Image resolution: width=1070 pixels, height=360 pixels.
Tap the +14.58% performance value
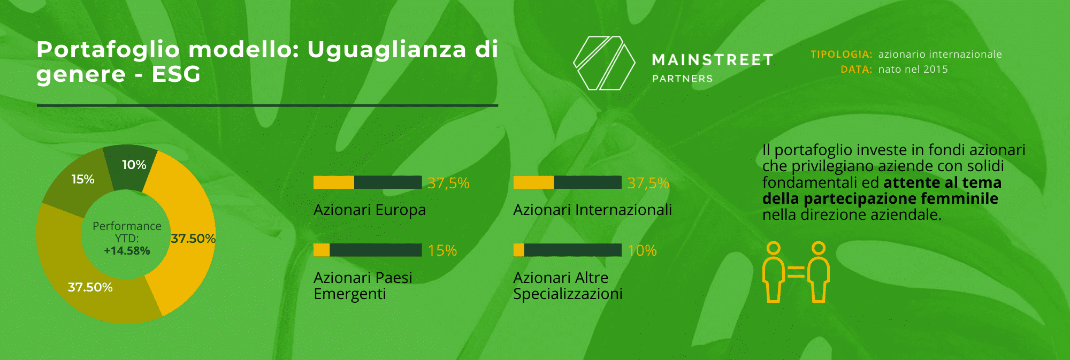coord(127,251)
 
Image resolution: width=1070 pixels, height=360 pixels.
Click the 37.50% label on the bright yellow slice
coord(193,239)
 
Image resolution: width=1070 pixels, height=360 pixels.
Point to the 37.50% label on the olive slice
coord(90,287)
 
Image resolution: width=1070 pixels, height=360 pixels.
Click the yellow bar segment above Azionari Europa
coord(334,182)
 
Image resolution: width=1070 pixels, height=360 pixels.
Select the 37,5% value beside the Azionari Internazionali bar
coord(648,183)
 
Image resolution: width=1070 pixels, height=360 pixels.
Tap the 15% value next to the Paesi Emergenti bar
coord(442,250)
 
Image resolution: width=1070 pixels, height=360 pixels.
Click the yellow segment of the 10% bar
coord(519,250)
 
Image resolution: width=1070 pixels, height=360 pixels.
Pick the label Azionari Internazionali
coord(592,210)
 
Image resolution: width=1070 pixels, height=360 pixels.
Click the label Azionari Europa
coord(370,210)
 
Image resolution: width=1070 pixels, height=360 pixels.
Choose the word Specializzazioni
coord(568,294)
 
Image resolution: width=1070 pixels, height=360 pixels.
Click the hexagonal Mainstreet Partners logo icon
coord(604,63)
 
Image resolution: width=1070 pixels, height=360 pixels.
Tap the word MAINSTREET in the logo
coord(713,60)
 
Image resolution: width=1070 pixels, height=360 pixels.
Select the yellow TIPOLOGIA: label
coord(842,54)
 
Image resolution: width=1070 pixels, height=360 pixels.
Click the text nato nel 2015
coord(913,69)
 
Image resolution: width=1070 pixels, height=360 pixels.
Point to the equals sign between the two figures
coord(796,273)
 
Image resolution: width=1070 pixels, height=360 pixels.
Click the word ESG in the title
coord(176,74)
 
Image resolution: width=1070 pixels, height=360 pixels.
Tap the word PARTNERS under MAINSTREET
coord(683,79)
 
